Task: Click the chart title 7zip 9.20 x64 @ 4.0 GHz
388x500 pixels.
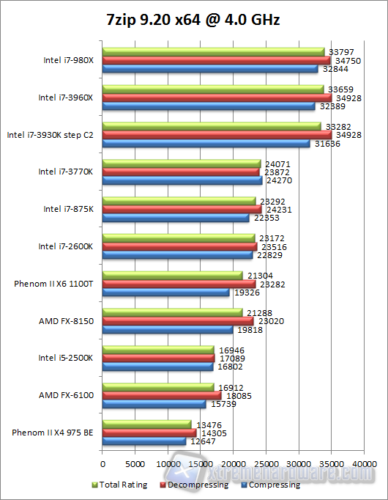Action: click(x=194, y=20)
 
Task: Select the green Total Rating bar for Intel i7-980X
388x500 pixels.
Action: click(x=213, y=52)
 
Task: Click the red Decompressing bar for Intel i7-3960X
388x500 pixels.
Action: click(x=217, y=98)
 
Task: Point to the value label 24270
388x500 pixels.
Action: click(x=280, y=180)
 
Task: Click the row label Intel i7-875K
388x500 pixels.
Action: click(x=68, y=209)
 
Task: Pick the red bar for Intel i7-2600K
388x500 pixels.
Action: click(x=179, y=247)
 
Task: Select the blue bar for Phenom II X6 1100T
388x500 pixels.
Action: click(x=165, y=293)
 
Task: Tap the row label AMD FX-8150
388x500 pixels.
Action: click(x=67, y=321)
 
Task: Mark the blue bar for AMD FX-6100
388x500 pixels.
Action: click(x=154, y=404)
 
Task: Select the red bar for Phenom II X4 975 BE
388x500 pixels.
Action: click(x=149, y=433)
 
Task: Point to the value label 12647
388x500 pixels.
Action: click(x=204, y=441)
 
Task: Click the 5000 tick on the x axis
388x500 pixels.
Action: click(x=135, y=464)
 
